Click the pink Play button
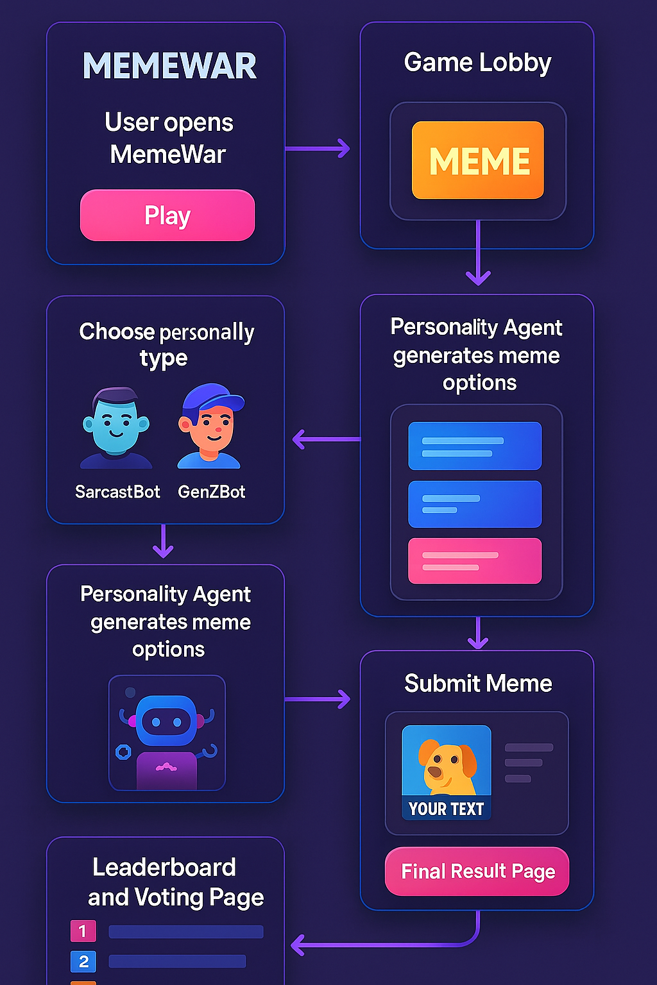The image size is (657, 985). [x=167, y=215]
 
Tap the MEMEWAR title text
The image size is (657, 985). [x=169, y=66]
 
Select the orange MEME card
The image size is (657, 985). [x=478, y=160]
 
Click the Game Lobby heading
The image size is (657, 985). [x=477, y=63]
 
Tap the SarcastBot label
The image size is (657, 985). [x=117, y=492]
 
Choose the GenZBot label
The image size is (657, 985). [x=212, y=492]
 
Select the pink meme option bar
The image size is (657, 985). [x=475, y=560]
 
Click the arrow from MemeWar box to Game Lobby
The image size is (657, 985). [x=318, y=149]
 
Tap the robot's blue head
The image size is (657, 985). [x=166, y=721]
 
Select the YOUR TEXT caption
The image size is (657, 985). [x=446, y=809]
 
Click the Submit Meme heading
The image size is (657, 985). [x=478, y=684]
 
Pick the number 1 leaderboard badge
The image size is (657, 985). [x=83, y=930]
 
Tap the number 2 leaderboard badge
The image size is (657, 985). [x=83, y=961]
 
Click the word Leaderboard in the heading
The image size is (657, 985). [x=164, y=868]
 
